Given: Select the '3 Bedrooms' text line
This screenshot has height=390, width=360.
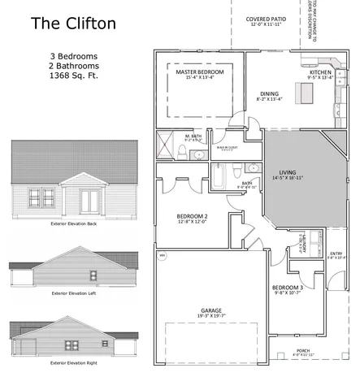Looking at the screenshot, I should (x=72, y=57).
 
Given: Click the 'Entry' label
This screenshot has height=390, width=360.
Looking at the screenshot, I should (x=336, y=253).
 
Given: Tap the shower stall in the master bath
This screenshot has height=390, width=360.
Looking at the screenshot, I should (x=166, y=148).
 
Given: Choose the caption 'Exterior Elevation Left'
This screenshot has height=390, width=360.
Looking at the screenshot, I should (x=73, y=292).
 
